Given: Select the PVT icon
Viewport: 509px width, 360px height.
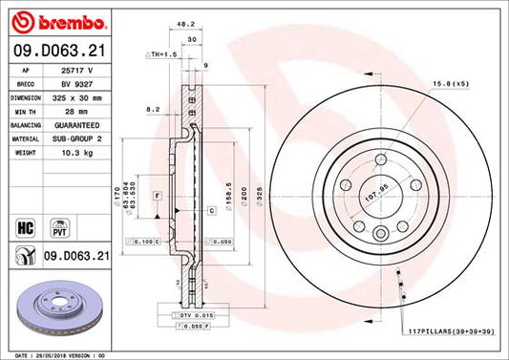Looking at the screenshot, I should click(x=56, y=228).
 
